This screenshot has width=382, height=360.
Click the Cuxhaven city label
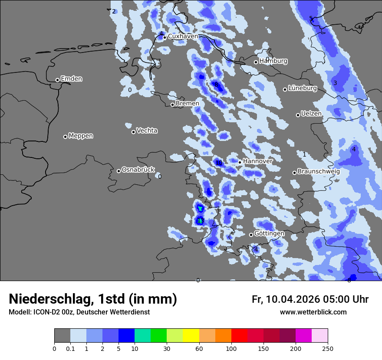coord(183,36)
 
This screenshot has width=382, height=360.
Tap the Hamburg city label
coord(273,61)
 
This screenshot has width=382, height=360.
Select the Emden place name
coord(71,79)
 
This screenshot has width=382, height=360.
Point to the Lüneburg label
coord(302,88)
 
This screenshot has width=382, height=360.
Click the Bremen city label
coord(187,104)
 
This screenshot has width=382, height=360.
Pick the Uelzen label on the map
coord(311,114)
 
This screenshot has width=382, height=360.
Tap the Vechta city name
coord(147,131)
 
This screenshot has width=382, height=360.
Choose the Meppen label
coord(81,136)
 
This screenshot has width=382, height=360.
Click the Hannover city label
coord(257,161)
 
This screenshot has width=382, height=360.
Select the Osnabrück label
coord(138,170)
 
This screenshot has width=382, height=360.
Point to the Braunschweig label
coord(319,171)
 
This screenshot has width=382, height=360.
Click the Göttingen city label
coord(269,233)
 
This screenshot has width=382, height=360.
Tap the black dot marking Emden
coord(57,80)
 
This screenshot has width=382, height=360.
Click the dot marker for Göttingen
coord(251,235)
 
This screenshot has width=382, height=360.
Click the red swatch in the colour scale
coord(239,336)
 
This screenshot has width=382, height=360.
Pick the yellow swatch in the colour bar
coord(191,336)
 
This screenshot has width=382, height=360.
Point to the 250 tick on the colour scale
coord(328,348)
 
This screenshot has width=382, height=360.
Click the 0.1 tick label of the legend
coord(70,348)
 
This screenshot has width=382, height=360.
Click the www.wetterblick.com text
coord(313,312)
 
